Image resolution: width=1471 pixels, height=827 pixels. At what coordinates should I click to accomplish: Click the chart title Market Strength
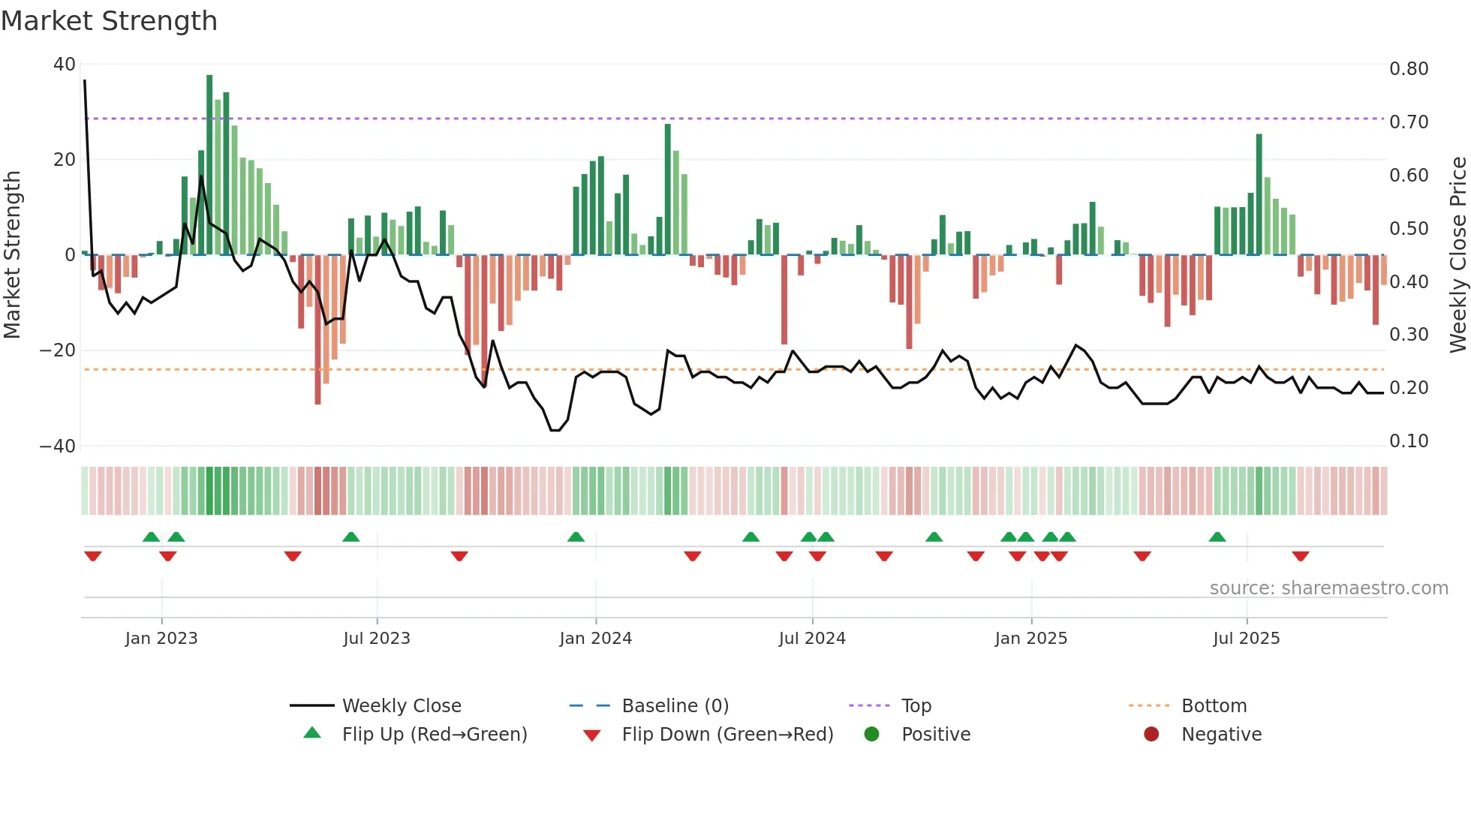109,21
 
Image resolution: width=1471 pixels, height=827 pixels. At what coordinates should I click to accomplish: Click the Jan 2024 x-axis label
595,639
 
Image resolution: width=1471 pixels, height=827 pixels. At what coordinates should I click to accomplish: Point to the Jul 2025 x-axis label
1246,639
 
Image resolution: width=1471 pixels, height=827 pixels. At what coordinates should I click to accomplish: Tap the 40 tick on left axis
65,65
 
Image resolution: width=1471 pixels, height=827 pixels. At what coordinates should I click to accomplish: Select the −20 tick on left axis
58,350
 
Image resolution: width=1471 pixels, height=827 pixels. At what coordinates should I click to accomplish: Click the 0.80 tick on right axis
1409,69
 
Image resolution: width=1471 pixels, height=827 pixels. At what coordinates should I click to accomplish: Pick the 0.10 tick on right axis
1409,441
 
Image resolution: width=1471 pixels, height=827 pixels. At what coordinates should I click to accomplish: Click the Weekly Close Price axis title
1457,255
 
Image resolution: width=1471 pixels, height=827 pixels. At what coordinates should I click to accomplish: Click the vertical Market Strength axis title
12,255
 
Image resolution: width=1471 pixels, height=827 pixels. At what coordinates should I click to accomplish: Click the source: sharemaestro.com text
1328,588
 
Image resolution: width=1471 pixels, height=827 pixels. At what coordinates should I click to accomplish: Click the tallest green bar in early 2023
209,165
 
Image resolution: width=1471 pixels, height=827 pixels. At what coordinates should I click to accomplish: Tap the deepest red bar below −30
317,330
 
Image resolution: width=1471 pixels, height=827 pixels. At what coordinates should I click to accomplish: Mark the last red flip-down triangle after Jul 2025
1301,556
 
